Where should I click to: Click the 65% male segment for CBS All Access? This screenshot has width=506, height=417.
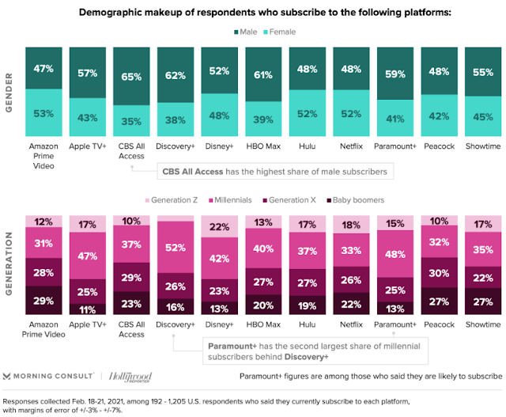[131, 76]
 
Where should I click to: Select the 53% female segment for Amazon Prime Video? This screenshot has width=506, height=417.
[43, 112]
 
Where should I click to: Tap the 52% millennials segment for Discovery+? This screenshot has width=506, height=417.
[176, 247]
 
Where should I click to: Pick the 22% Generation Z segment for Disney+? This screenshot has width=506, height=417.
[220, 226]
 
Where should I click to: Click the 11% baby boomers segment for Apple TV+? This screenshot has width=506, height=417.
[88, 309]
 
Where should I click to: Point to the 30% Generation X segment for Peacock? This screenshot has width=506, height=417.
[440, 273]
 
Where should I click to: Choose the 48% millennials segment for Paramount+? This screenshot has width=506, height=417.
[395, 254]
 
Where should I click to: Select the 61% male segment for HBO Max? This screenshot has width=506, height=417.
[263, 74]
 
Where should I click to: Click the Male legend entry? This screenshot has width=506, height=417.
[246, 32]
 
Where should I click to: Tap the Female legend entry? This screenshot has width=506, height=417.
[280, 32]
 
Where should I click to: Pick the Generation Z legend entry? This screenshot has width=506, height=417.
[172, 200]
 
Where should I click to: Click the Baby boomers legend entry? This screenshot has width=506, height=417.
[356, 200]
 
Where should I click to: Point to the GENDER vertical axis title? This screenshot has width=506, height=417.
[9, 93]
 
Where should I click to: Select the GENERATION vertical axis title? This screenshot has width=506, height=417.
[9, 263]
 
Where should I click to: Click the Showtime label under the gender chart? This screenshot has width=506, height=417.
[483, 146]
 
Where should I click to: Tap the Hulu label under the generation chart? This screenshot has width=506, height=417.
[308, 324]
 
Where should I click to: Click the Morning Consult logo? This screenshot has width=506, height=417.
[48, 377]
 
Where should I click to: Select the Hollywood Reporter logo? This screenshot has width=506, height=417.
[130, 377]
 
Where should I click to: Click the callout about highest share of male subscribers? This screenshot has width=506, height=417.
[275, 171]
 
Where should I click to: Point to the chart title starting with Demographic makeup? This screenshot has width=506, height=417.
[265, 13]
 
